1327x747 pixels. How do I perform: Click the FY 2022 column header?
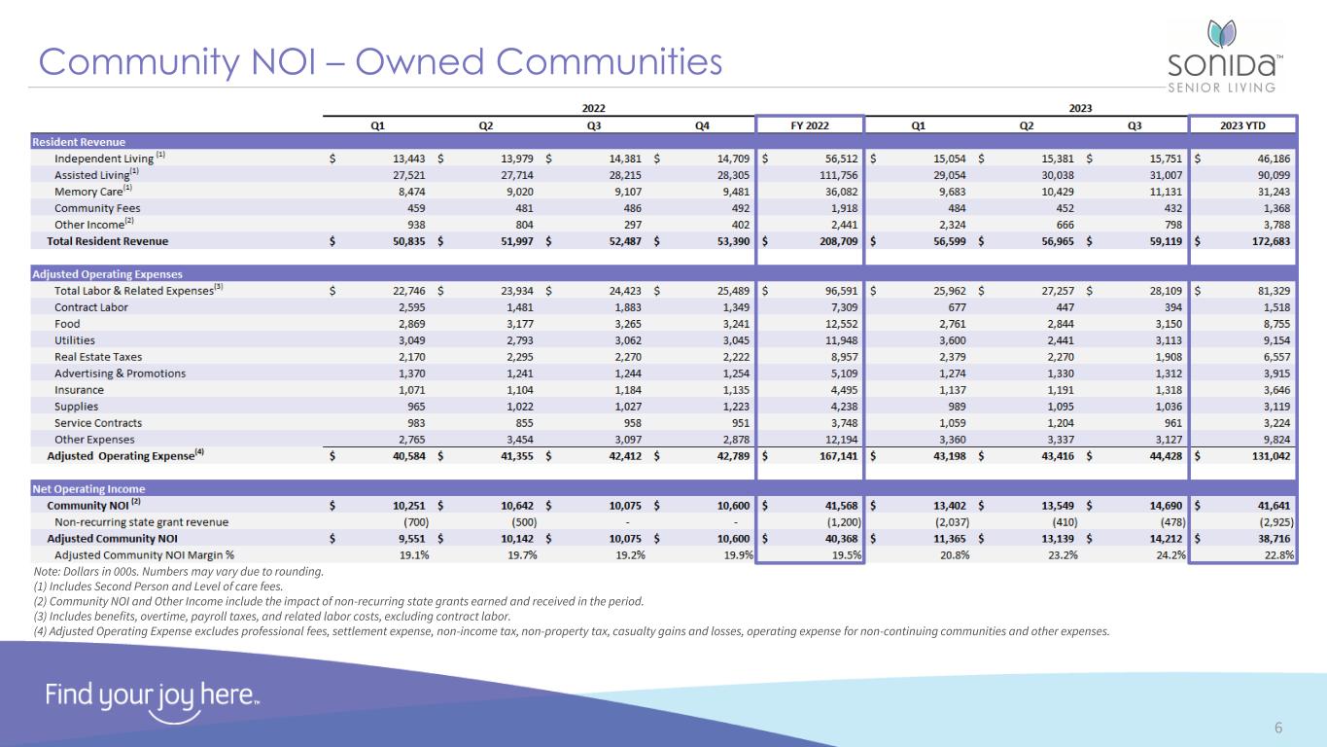tap(809, 124)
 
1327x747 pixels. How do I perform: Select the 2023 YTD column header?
tap(1243, 124)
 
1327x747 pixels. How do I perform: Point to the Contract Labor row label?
tap(91, 307)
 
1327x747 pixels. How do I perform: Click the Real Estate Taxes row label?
tap(98, 357)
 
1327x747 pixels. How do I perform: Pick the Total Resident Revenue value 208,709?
tap(834, 241)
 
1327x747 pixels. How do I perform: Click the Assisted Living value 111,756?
tap(834, 175)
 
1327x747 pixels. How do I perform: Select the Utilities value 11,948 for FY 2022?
tap(837, 340)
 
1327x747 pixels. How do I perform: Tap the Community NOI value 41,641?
tap(1270, 505)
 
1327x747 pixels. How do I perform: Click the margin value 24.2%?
tap(1165, 554)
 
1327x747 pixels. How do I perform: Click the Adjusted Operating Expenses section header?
tap(107, 274)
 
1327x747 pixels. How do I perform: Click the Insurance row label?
tap(79, 390)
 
